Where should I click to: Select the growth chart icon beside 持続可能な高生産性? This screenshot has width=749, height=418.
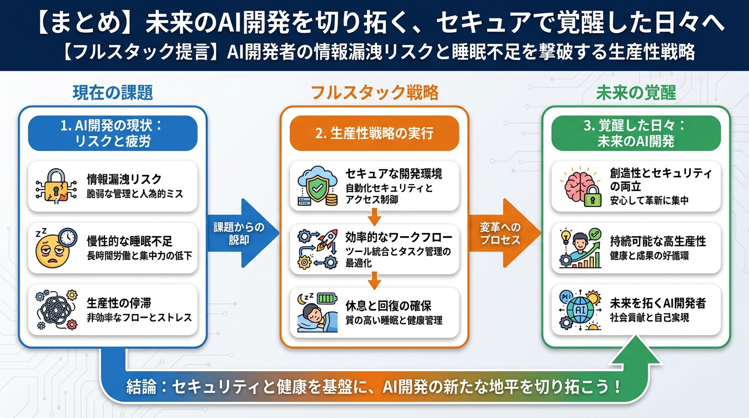click(580, 249)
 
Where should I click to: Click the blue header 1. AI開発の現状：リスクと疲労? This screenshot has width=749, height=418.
click(112, 133)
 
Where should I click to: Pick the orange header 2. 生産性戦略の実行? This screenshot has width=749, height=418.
click(374, 133)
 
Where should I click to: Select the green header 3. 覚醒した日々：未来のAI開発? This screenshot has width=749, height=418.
click(636, 133)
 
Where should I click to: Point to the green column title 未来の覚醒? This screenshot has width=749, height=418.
click(636, 93)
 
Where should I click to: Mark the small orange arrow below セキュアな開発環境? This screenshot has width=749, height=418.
click(374, 218)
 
